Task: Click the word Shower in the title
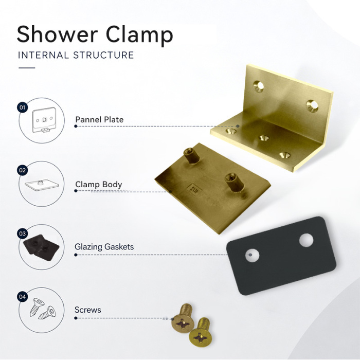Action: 58,34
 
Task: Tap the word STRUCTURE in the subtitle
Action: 103,55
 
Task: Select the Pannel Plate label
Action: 99,119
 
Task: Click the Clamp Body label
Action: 99,185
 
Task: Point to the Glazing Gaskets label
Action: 104,247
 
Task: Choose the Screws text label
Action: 88,310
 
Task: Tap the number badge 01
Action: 22,107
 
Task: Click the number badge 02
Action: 22,170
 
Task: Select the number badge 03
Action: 22,233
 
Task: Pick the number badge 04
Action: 22,297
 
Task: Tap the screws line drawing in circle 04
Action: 43,309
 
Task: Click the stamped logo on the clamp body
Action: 194,189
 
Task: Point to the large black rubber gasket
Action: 281,256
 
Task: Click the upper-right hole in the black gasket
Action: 306,240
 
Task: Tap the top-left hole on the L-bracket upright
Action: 259,86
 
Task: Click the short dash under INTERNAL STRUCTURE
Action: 27,68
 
